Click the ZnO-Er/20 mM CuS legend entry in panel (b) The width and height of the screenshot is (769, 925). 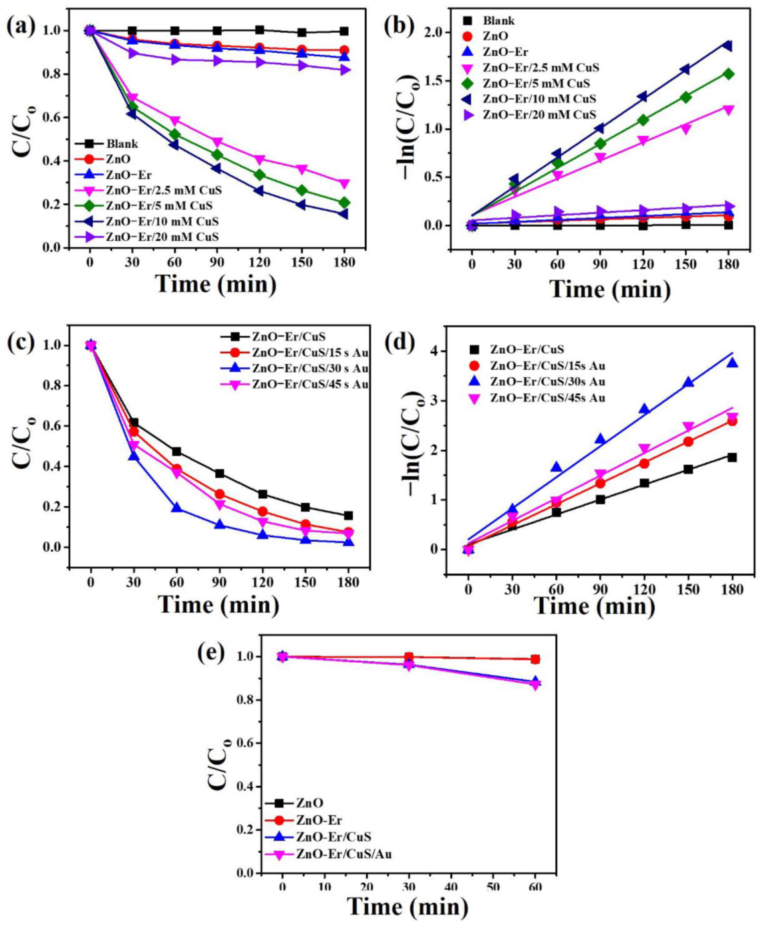(x=539, y=115)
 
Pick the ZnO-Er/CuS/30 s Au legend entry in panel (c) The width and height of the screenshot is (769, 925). (x=309, y=369)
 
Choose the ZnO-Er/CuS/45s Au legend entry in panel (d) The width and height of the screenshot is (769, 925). (x=547, y=398)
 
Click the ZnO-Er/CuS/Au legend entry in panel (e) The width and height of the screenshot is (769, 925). (x=343, y=854)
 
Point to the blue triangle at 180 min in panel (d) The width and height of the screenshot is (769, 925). (x=732, y=363)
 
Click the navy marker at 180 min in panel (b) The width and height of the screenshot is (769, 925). (x=728, y=45)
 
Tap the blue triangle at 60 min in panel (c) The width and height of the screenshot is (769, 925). (x=176, y=508)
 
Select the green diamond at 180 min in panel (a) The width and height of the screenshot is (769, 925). (x=344, y=203)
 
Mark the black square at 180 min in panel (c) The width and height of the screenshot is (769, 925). (x=348, y=516)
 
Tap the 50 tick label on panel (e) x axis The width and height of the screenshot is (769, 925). (x=493, y=888)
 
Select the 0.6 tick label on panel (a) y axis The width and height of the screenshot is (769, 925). (x=55, y=118)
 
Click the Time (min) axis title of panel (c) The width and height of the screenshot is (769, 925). (x=218, y=605)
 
